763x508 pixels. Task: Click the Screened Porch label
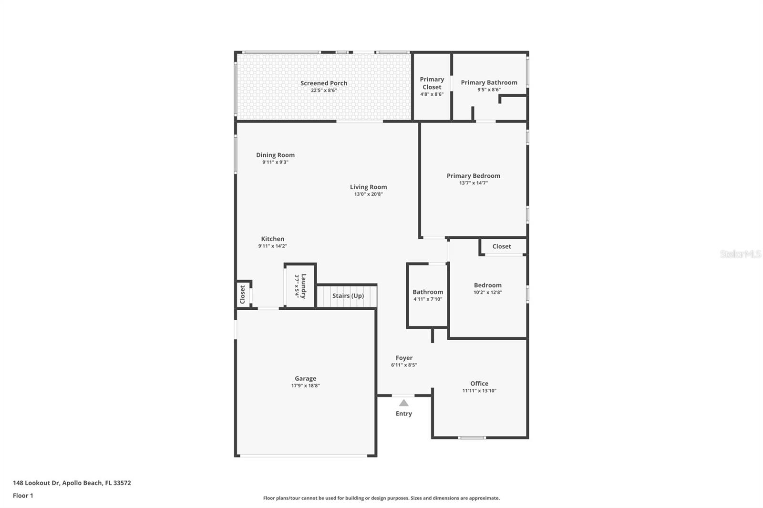coord(324,83)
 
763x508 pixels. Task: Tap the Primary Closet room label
coord(432,83)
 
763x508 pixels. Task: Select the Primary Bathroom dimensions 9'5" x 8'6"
coord(489,90)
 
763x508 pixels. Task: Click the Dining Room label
coord(275,155)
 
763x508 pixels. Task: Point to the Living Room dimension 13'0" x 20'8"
coord(368,194)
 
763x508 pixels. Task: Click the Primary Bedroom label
coord(473,176)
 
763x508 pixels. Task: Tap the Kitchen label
coord(272,239)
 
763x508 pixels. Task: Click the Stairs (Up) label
coord(348,296)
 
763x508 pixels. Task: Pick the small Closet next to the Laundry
coord(242,295)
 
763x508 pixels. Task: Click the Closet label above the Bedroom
coord(501,246)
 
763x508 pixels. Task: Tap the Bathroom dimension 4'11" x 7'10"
coord(427,299)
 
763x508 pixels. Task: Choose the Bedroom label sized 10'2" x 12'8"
coord(487,285)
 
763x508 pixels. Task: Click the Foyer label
coord(404,358)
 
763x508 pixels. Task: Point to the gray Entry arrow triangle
coord(403,403)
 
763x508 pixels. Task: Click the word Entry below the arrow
coord(403,414)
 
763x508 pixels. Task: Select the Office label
coord(479,384)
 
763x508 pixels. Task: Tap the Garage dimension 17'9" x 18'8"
coord(305,386)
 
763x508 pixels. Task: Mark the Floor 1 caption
coord(23,496)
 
